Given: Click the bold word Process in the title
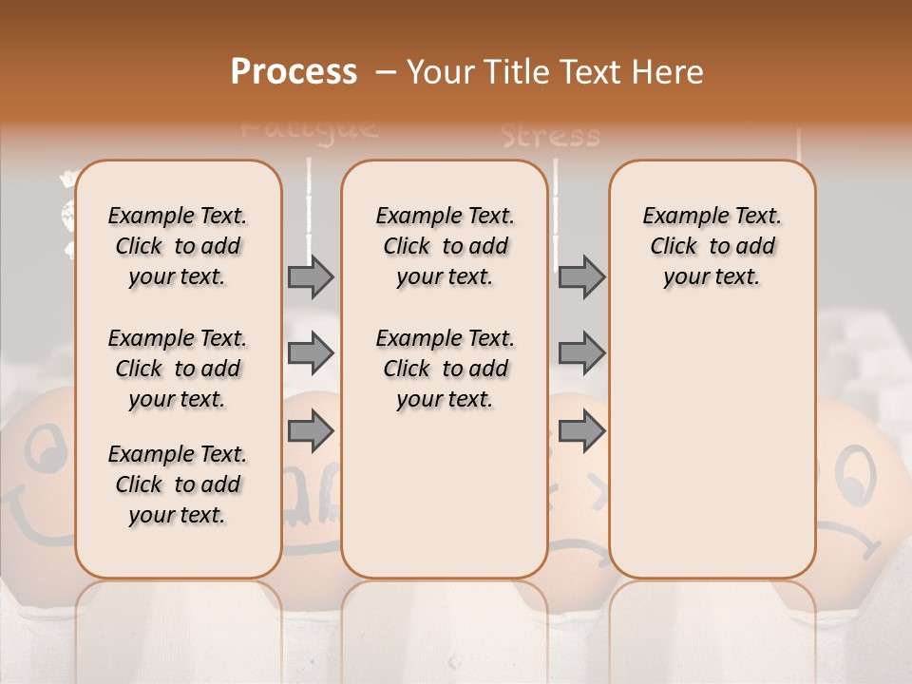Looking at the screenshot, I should pos(294,72).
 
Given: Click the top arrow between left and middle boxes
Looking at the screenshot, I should pos(311,276).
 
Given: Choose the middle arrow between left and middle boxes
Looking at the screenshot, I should pos(311,354).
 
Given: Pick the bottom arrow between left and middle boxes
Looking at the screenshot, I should pos(311,431).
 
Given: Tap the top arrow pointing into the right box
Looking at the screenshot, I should pos(581,276).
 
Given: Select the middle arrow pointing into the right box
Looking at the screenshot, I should pos(581,354).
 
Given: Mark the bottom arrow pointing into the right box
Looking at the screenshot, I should pos(581,431).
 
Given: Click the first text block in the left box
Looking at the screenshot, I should pos(178,246).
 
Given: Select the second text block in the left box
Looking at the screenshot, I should pos(178,369).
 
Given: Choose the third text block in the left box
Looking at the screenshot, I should pos(178,484).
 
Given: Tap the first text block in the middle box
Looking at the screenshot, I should pos(445,246).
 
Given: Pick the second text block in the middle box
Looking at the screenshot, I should pos(445,369).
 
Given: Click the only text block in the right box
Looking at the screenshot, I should pos(712,246).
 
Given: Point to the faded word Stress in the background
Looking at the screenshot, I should pos(551,137).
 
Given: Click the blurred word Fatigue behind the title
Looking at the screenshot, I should pos(310,127).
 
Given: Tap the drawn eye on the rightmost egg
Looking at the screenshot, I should pos(857,471).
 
